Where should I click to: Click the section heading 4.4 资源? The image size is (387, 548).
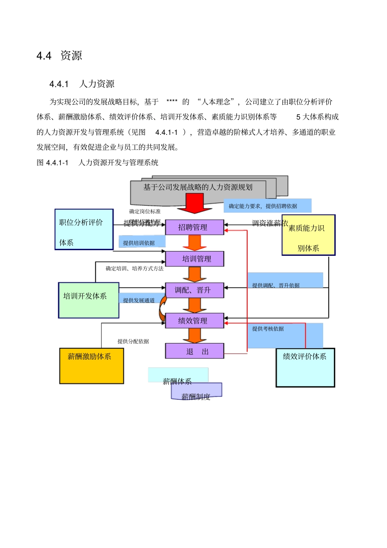click(59, 55)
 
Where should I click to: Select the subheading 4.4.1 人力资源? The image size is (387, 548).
click(82, 84)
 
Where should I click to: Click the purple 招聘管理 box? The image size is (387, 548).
click(194, 227)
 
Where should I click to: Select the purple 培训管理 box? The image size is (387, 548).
click(194, 259)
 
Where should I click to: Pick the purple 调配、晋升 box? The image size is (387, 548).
click(194, 290)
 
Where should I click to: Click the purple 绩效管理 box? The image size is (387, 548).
click(194, 321)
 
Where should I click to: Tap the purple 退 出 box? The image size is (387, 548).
click(194, 351)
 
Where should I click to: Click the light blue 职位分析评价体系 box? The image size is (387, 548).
click(84, 229)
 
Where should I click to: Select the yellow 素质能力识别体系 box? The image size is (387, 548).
click(308, 235)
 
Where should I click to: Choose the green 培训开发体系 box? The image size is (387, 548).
click(89, 300)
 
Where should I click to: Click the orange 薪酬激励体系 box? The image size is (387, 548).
click(92, 366)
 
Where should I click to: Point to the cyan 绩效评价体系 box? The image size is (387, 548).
click(306, 368)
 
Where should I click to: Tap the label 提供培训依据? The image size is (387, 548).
click(140, 242)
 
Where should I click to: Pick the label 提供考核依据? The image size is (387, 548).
click(268, 329)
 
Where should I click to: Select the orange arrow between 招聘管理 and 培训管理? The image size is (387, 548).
click(195, 243)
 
